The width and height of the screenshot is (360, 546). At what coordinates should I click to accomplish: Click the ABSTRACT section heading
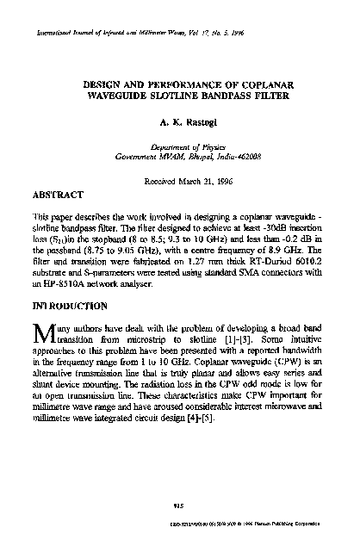[x=59, y=196]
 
